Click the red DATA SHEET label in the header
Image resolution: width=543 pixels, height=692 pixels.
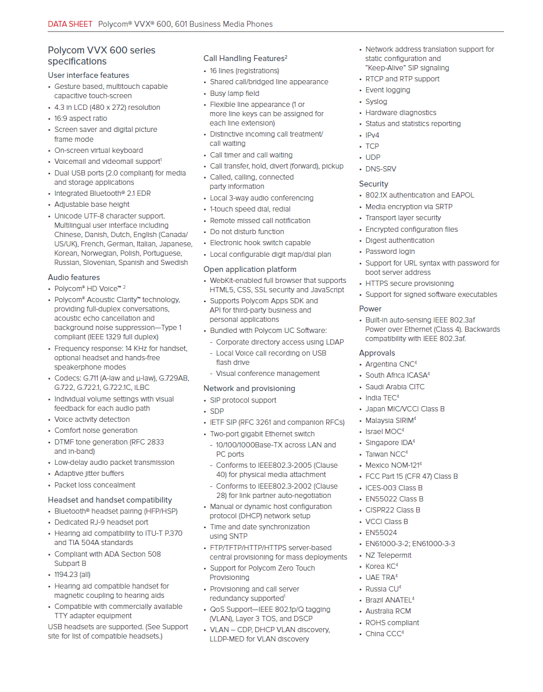click(x=70, y=24)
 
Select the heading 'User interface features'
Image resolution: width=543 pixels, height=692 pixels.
click(x=88, y=75)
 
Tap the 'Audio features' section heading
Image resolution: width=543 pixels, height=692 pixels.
click(x=74, y=277)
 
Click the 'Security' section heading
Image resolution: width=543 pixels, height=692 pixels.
click(x=373, y=184)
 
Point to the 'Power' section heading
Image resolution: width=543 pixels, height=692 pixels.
click(x=370, y=309)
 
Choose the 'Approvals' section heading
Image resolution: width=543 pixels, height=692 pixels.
click(x=377, y=353)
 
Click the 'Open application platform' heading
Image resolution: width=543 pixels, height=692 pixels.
click(x=250, y=269)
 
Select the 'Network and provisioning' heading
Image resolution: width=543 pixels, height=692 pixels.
click(x=249, y=388)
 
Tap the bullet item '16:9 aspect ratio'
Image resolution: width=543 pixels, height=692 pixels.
click(x=81, y=118)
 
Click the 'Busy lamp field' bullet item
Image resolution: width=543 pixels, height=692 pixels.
click(x=234, y=93)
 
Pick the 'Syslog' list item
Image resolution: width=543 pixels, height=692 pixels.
click(x=376, y=101)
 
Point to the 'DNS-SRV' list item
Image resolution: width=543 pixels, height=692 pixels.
click(x=381, y=168)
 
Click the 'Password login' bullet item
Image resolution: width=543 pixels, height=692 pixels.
click(x=390, y=252)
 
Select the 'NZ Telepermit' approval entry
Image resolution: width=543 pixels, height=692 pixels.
click(x=388, y=555)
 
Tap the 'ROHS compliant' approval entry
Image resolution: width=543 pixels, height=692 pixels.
click(x=392, y=622)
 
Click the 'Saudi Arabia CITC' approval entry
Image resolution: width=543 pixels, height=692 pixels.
click(x=395, y=386)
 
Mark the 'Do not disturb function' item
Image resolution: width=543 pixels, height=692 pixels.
click(x=247, y=231)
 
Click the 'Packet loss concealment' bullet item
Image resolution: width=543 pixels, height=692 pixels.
click(x=95, y=485)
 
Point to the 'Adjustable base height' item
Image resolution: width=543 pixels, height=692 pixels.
click(x=92, y=204)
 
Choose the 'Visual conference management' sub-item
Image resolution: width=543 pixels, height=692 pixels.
click(x=268, y=374)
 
